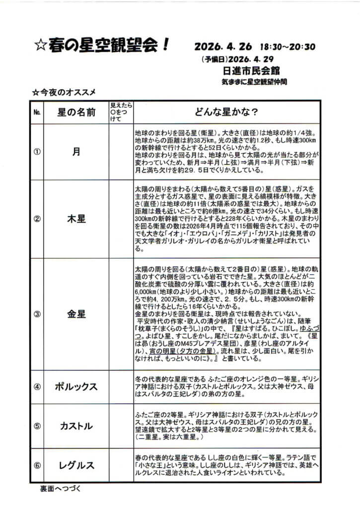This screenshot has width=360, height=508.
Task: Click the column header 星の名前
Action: [76, 112]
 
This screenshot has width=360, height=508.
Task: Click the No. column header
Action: [37, 112]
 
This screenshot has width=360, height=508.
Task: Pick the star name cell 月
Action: [76, 152]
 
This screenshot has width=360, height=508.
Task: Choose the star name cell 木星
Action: [76, 219]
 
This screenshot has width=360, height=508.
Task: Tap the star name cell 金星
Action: [76, 314]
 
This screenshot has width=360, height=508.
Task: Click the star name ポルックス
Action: [76, 387]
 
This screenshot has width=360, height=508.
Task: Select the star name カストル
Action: [76, 426]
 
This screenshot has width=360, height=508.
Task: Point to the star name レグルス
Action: [76, 465]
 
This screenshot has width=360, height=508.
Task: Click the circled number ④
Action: [37, 387]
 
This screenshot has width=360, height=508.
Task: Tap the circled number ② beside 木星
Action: [37, 219]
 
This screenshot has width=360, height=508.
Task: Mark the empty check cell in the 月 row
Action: [121, 152]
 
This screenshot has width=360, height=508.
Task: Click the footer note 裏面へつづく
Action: [61, 488]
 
